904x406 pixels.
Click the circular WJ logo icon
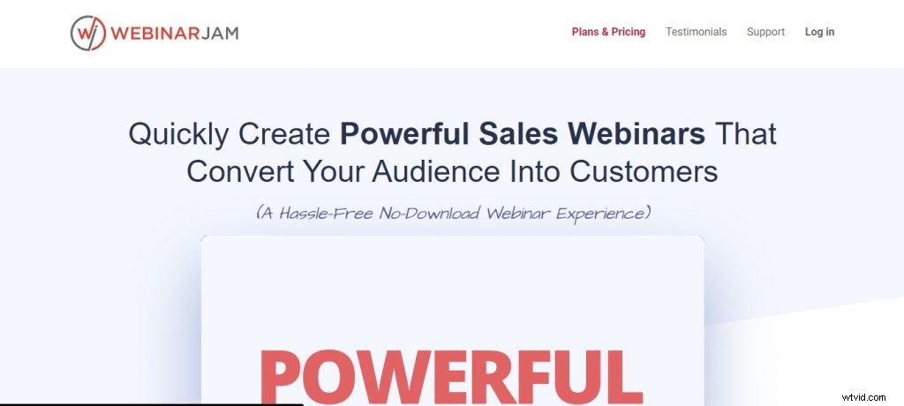pos(88,33)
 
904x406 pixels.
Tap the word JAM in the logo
pos(219,33)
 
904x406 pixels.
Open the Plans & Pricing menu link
pos(608,32)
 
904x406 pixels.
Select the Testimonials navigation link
pos(696,32)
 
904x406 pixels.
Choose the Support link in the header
pos(765,32)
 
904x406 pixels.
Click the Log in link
pos(819,32)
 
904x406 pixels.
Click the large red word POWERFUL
pos(451,375)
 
